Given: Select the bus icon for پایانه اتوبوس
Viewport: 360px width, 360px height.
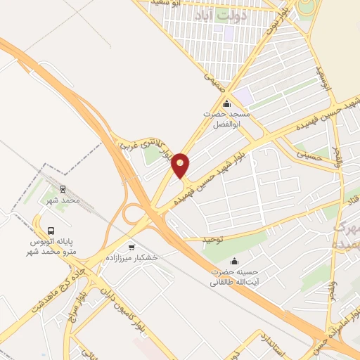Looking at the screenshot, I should click(x=51, y=230).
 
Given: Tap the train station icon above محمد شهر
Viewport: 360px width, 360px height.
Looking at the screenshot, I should click(x=62, y=188).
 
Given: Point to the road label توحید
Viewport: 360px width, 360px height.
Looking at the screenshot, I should click(x=212, y=238).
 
